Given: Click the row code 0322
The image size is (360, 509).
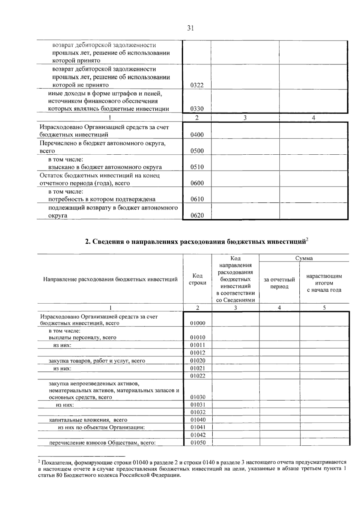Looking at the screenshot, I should point(197,85).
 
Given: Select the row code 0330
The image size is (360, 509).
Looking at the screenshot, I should point(197,109).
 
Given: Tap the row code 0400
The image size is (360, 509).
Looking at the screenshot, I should point(197,135).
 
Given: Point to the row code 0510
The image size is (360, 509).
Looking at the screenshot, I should point(197,167).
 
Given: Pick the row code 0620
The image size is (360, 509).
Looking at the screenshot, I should point(197,216).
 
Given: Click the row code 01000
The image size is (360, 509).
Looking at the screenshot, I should point(198,323).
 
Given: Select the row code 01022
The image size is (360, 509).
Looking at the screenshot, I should point(198,376).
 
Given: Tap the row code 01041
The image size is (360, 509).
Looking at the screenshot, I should point(198,427).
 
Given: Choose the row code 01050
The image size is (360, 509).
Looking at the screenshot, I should point(198,442).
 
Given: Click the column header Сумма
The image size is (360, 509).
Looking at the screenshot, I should point(304,258).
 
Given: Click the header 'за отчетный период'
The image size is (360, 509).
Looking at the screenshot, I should point(279,283).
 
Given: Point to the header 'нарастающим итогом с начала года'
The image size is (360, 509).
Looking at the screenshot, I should point(324,283).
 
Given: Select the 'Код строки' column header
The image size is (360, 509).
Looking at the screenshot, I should point(197,279).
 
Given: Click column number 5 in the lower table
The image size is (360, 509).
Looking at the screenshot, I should point(324,308).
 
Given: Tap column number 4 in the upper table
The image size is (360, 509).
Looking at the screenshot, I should point(313,118).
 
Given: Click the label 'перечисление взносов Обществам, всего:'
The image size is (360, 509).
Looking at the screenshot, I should point(102,443).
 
